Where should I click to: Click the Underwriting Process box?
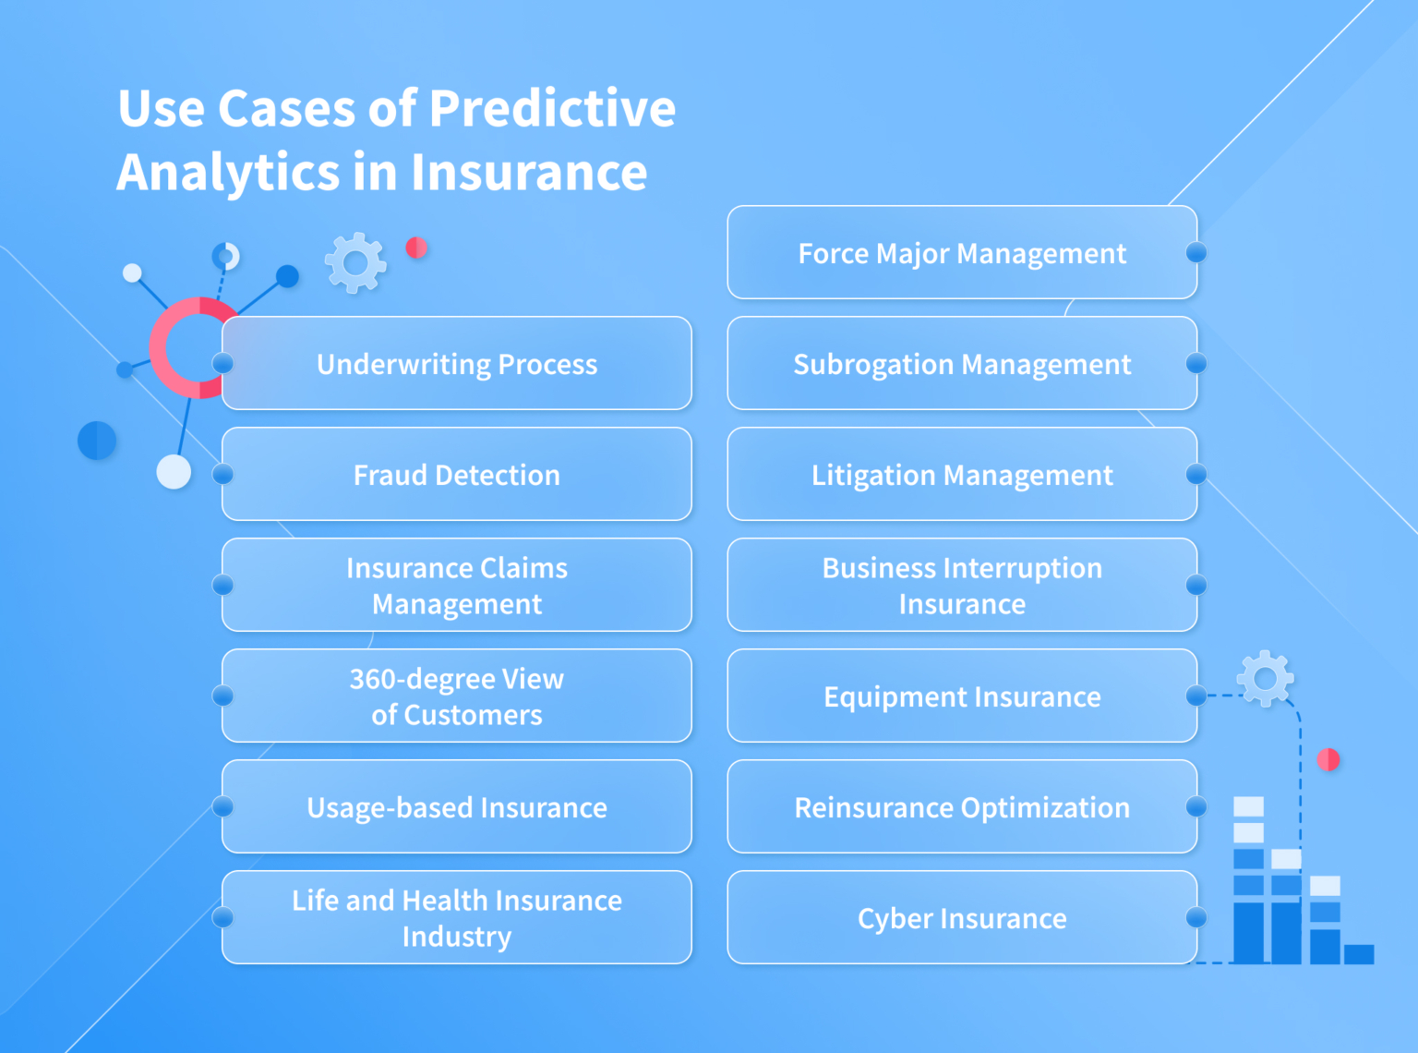[457, 363]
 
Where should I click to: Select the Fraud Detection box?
[457, 474]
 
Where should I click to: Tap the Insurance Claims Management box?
[457, 585]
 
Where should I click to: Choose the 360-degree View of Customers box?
[457, 696]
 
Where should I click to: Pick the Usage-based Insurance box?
[457, 806]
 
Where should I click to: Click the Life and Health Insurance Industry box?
[457, 917]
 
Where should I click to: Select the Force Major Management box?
[962, 252]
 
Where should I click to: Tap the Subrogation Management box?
[962, 363]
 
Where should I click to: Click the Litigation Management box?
[962, 474]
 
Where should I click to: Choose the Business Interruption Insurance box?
[962, 585]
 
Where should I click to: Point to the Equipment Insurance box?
[962, 696]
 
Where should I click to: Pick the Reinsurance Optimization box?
[962, 806]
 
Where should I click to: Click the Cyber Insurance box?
[962, 917]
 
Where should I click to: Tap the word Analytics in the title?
[229, 174]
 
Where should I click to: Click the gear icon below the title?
[355, 263]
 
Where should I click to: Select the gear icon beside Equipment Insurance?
[1265, 679]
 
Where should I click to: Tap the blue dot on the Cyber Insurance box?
[1196, 917]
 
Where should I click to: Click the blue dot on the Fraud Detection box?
[222, 474]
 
